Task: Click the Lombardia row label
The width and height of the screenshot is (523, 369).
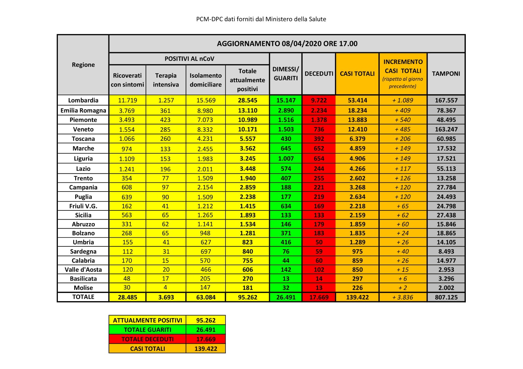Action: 83,100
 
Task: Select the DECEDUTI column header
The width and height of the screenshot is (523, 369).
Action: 319,74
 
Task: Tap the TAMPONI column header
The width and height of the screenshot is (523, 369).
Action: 446,74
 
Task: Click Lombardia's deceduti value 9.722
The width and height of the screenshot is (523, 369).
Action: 319,100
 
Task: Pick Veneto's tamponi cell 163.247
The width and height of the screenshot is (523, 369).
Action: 446,129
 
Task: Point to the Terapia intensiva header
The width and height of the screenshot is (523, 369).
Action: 166,80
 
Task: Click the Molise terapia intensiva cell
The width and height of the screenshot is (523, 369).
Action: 165,287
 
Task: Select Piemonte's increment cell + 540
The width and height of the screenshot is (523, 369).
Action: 403,120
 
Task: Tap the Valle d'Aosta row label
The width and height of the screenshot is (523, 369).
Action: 83,269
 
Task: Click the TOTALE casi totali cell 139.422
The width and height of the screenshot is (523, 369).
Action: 357,297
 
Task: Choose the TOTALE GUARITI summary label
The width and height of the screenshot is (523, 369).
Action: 147,330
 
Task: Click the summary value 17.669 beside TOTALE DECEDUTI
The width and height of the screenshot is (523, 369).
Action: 206,339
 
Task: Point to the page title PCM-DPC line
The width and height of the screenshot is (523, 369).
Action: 261,19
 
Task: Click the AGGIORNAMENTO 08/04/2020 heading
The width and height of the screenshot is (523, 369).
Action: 287,44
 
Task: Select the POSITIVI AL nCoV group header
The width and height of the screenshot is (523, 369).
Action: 189,59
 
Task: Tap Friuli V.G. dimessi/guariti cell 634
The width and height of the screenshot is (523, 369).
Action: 286,206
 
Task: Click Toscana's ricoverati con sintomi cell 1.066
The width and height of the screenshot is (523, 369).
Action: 127,139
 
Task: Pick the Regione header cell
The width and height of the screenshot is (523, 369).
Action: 83,65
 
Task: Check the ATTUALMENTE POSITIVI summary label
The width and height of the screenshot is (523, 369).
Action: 147,320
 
